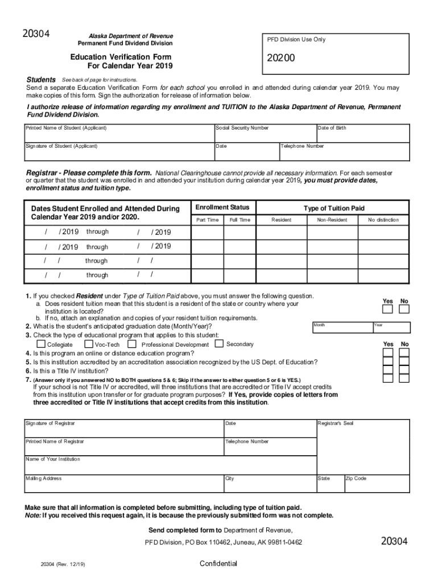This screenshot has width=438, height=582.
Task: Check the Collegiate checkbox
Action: pos(41,344)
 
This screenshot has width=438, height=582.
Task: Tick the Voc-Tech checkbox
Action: pos(89,344)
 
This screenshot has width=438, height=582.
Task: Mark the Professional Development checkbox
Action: pos(132,344)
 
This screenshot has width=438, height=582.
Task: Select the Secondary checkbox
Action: pos(220,344)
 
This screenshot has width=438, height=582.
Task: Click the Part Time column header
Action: pos(207,220)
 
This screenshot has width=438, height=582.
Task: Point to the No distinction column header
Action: pos(383,220)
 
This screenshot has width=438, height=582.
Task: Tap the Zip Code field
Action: pos(376,483)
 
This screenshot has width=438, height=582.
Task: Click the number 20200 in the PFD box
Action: pos(282,59)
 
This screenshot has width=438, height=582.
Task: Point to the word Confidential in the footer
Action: pos(218,563)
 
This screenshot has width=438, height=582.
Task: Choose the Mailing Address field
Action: pos(123,483)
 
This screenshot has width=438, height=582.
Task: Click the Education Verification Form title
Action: pos(121,57)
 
